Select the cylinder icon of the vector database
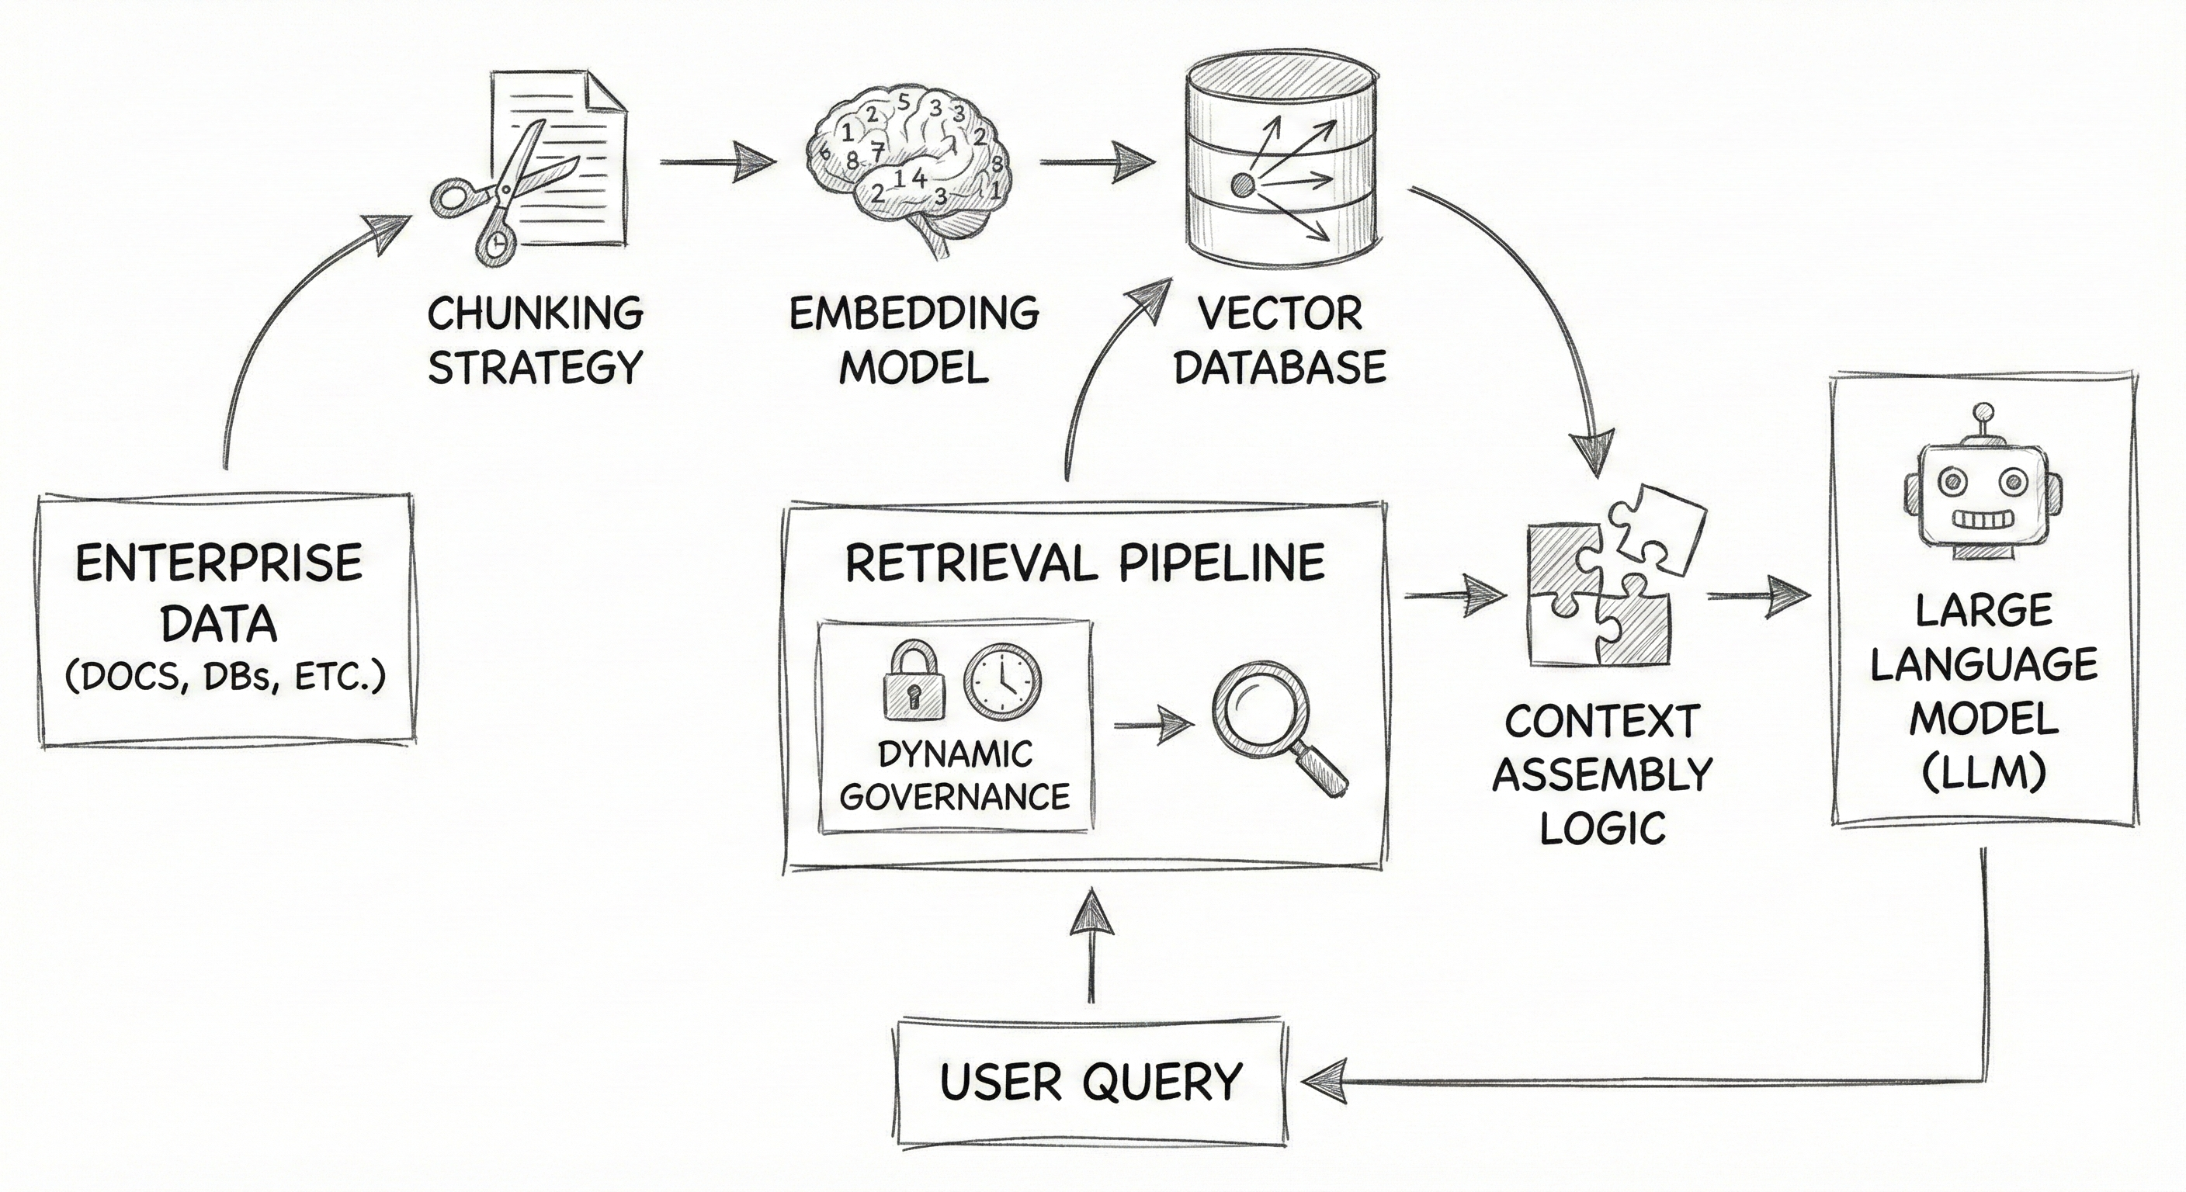tap(1282, 165)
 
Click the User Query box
tap(1091, 1081)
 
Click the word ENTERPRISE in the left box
tap(219, 563)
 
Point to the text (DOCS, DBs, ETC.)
tap(225, 676)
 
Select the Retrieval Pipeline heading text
tap(1084, 563)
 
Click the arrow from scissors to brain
tap(717, 161)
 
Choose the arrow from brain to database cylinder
tap(1096, 161)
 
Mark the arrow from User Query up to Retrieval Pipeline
tap(1091, 946)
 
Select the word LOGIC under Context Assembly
tap(1602, 827)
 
